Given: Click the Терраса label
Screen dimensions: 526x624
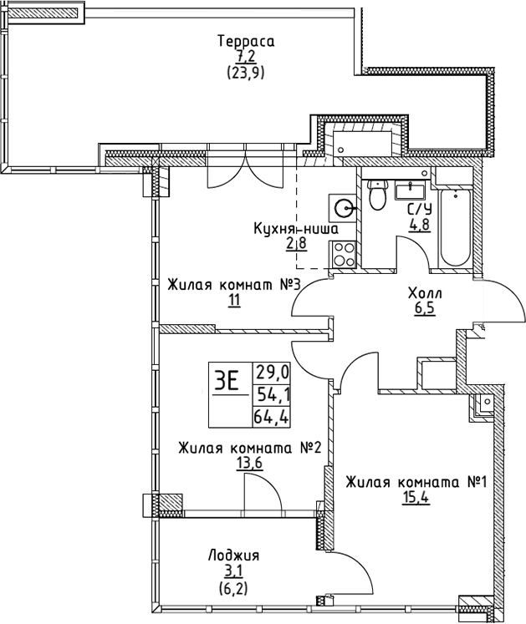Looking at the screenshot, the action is click(246, 41).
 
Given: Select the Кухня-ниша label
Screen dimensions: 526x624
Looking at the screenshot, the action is click(296, 228).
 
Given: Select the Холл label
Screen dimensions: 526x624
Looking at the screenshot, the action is click(426, 293).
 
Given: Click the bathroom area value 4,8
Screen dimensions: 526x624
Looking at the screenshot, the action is click(420, 226).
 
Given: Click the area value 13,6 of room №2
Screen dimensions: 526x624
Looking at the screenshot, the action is click(249, 464).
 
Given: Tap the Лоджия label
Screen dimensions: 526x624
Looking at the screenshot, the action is click(234, 556).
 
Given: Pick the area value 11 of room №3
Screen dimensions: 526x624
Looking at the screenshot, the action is click(233, 301).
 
